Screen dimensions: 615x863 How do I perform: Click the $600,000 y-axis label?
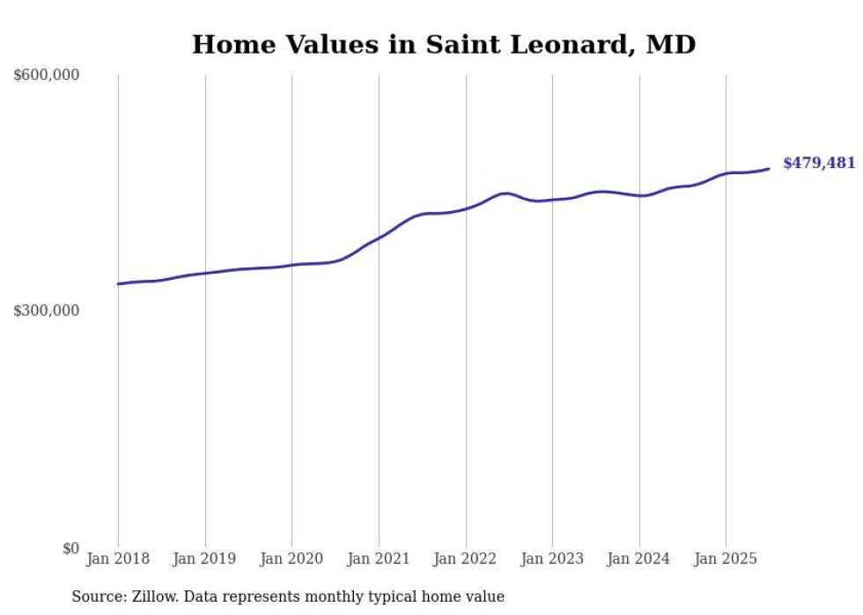47,76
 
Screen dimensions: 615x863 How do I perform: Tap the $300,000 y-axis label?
47,311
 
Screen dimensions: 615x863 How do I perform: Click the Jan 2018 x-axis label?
118,559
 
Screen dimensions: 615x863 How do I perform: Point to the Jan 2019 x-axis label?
205,559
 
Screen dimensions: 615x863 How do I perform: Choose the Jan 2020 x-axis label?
291,559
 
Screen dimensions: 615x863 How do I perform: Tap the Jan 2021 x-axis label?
379,559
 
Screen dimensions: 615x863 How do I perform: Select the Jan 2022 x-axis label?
465,559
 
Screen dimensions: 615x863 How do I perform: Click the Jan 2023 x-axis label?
552,559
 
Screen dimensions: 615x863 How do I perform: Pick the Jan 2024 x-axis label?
638,559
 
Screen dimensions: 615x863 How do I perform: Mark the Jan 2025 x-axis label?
726,559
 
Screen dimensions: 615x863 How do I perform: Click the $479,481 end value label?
819,164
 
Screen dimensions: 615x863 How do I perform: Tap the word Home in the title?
224,45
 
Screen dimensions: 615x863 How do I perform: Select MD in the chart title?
672,45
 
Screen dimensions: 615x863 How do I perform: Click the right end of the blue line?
769,169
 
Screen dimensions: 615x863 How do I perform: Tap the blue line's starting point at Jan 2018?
118,284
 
